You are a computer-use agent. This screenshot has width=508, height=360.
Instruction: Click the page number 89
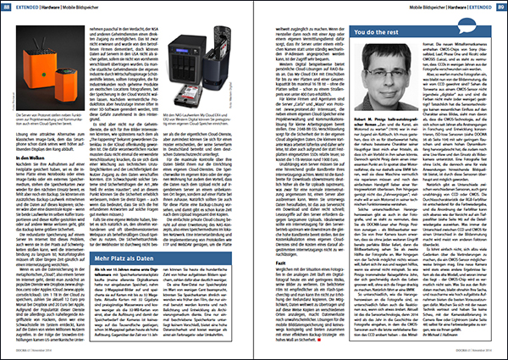click(491, 8)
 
